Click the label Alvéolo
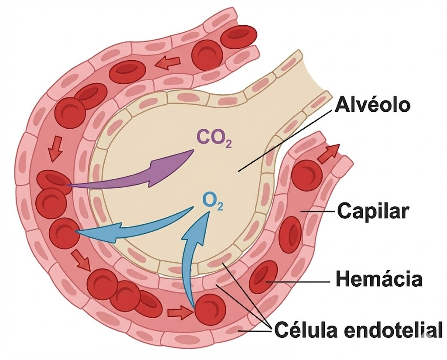(x=373, y=105)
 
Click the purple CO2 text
(x=213, y=138)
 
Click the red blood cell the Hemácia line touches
(x=263, y=277)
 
